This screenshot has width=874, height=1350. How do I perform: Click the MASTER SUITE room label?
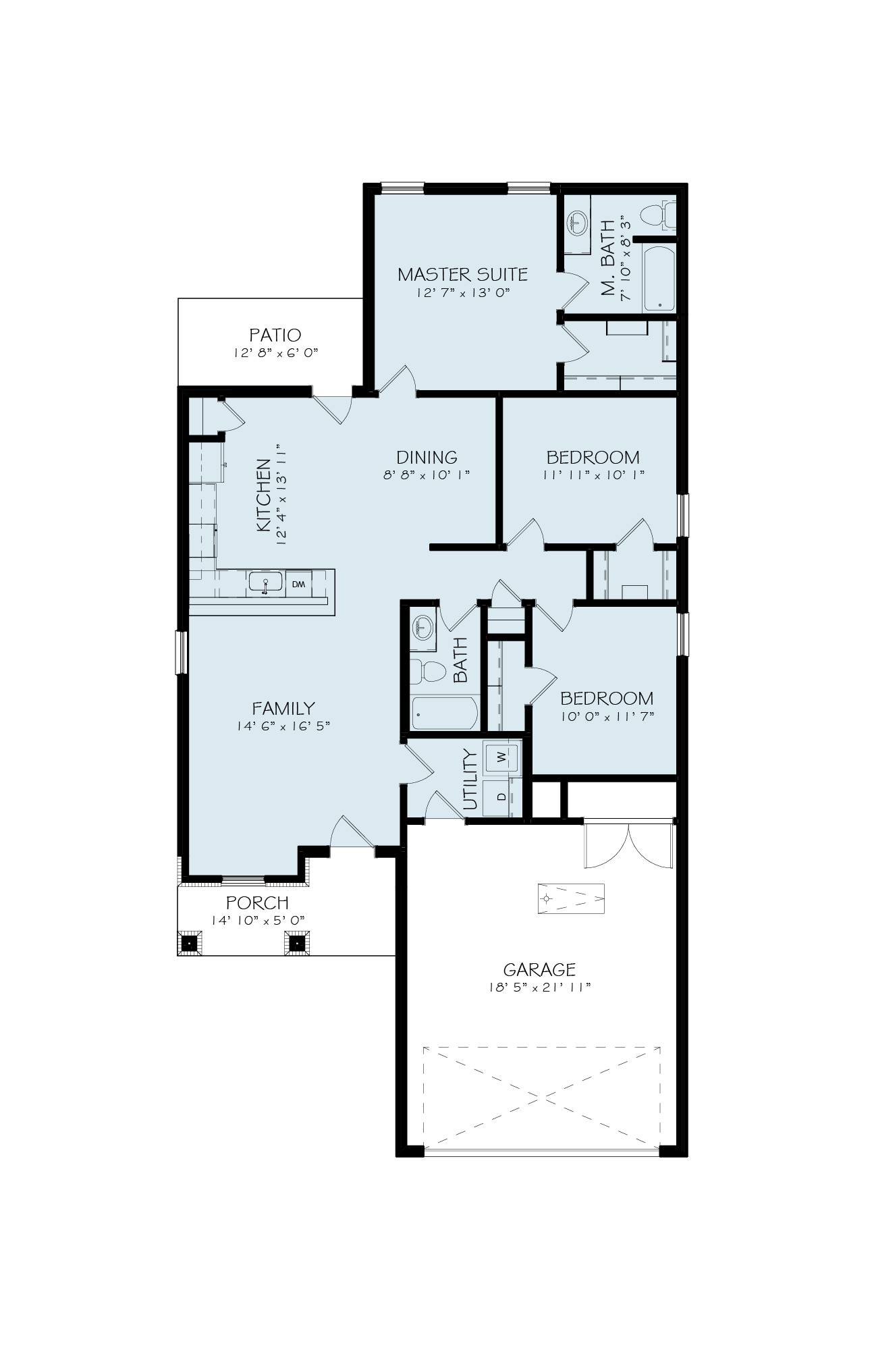pos(462,275)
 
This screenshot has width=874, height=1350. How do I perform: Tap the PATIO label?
pos(275,335)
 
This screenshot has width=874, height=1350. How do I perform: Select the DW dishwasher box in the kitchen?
pos(298,584)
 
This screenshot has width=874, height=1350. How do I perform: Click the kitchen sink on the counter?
pos(265,583)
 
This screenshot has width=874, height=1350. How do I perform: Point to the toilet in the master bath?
pos(657,215)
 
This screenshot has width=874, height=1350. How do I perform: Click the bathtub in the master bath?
pos(659,279)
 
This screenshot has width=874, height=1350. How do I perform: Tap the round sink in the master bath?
pos(577,222)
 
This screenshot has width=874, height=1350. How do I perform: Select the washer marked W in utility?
pos(501,757)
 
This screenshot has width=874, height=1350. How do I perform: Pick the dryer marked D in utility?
pos(501,797)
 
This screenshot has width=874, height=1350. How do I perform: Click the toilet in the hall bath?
pos(429,671)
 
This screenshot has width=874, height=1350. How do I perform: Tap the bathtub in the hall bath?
pos(445,713)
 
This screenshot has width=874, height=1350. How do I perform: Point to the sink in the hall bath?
pos(422,628)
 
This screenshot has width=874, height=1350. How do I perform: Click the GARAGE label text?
pos(539,970)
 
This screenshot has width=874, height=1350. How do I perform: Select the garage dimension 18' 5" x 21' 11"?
pos(539,988)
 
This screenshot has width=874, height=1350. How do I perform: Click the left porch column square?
pos(190,942)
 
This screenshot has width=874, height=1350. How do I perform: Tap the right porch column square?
pos(297,942)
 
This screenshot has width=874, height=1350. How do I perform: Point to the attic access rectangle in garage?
pos(571,898)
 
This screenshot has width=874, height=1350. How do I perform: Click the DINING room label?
pos(427,457)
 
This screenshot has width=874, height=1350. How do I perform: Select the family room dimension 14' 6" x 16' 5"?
pos(283,726)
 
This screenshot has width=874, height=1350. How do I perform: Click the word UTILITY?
pos(470,780)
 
